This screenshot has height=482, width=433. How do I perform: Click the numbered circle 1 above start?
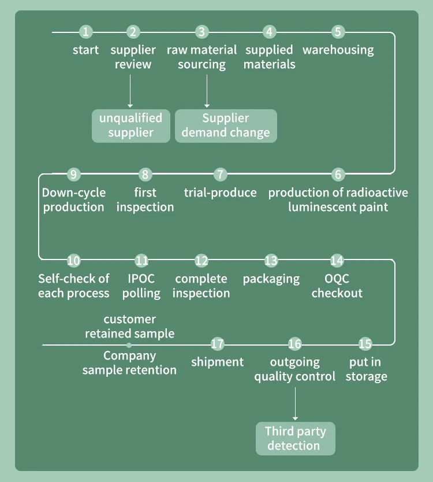[85, 32]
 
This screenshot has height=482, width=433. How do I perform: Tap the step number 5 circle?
[338, 32]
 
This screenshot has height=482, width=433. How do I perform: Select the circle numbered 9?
[73, 174]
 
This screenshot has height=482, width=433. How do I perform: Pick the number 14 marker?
[337, 261]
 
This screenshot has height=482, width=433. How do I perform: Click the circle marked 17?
[217, 344]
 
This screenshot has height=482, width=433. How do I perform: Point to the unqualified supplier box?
[131, 125]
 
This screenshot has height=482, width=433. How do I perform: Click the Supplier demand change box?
[226, 125]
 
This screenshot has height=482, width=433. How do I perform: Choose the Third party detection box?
[295, 439]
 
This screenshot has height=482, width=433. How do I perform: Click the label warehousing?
[338, 50]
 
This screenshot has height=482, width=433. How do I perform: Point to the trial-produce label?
[220, 193]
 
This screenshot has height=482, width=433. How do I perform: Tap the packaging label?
[271, 279]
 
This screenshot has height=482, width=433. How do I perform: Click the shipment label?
[217, 362]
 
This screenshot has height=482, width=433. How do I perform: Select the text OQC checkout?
[337, 286]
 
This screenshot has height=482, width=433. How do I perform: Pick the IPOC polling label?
[141, 286]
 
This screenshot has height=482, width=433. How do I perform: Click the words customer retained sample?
[130, 327]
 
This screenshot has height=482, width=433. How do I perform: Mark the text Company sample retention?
[129, 363]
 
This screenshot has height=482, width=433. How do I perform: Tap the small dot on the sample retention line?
[129, 345]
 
